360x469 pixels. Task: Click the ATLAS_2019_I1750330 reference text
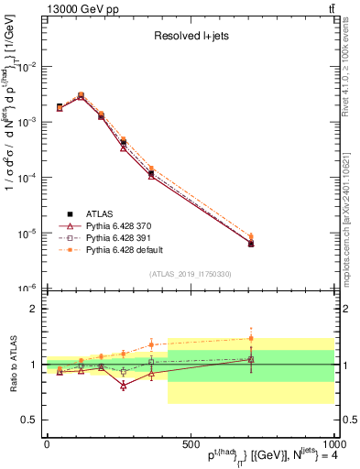click(x=190, y=274)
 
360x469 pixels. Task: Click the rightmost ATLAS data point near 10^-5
click(x=251, y=244)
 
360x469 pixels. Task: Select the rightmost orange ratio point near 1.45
click(x=251, y=338)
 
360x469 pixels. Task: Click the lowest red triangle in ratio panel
click(x=124, y=386)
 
